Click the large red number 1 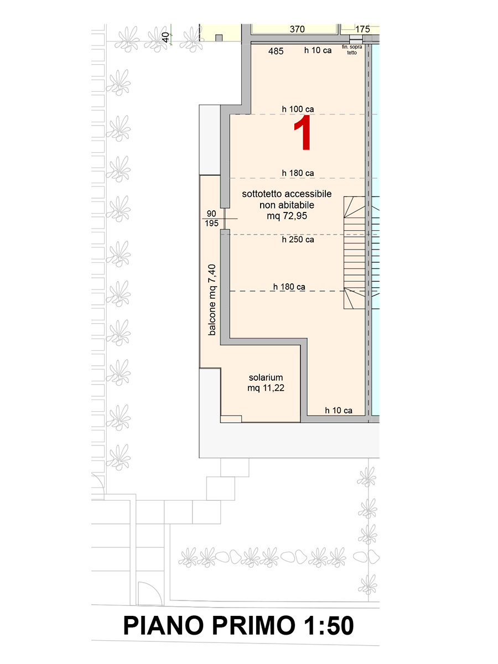tap(303, 133)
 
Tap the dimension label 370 tap(297, 29)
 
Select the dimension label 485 tap(276, 51)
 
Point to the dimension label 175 tap(362, 29)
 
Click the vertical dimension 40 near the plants tap(165, 37)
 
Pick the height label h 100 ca tap(298, 109)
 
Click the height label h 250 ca tap(298, 240)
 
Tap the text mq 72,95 tap(287, 216)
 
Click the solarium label tap(266, 377)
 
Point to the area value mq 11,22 tap(266, 388)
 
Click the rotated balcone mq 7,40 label tap(212, 300)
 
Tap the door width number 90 tap(211, 214)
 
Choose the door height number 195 tap(211, 223)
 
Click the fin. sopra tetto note tap(352, 50)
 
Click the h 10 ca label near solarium tap(338, 411)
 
